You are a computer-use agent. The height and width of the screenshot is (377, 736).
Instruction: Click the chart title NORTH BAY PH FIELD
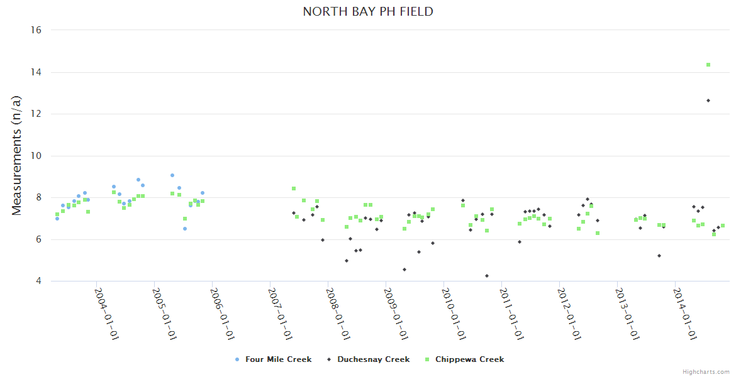[x=368, y=11]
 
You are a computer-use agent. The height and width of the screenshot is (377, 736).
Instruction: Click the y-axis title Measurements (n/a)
[x=17, y=155]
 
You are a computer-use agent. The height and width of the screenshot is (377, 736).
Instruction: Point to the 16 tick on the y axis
[x=36, y=30]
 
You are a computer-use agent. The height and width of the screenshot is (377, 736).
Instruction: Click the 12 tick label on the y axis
[x=36, y=114]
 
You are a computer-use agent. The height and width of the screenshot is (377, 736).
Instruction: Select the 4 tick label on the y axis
[x=38, y=281]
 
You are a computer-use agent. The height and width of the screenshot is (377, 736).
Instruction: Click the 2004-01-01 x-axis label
[x=106, y=314]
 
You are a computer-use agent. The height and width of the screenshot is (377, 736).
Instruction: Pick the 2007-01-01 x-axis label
[x=280, y=314]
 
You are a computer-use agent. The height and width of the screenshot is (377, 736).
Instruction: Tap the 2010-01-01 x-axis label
[x=454, y=314]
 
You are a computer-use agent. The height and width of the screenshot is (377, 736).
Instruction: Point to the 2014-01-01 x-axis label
[x=685, y=314]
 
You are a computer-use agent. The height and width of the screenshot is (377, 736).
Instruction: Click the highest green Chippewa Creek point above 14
[x=708, y=65]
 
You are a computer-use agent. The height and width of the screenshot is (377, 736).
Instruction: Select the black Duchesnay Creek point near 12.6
[x=708, y=101]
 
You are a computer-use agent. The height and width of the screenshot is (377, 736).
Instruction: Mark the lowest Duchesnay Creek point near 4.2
[x=487, y=276]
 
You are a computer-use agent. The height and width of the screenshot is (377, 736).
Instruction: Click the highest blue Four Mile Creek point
[x=172, y=175]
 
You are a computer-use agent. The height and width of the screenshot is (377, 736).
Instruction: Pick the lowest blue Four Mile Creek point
[x=185, y=229]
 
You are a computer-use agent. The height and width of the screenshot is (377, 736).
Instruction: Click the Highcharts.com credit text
[x=706, y=372]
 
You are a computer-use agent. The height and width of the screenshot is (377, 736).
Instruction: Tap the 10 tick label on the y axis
[x=36, y=156]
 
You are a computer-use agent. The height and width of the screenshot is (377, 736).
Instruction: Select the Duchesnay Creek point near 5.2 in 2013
[x=659, y=256]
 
